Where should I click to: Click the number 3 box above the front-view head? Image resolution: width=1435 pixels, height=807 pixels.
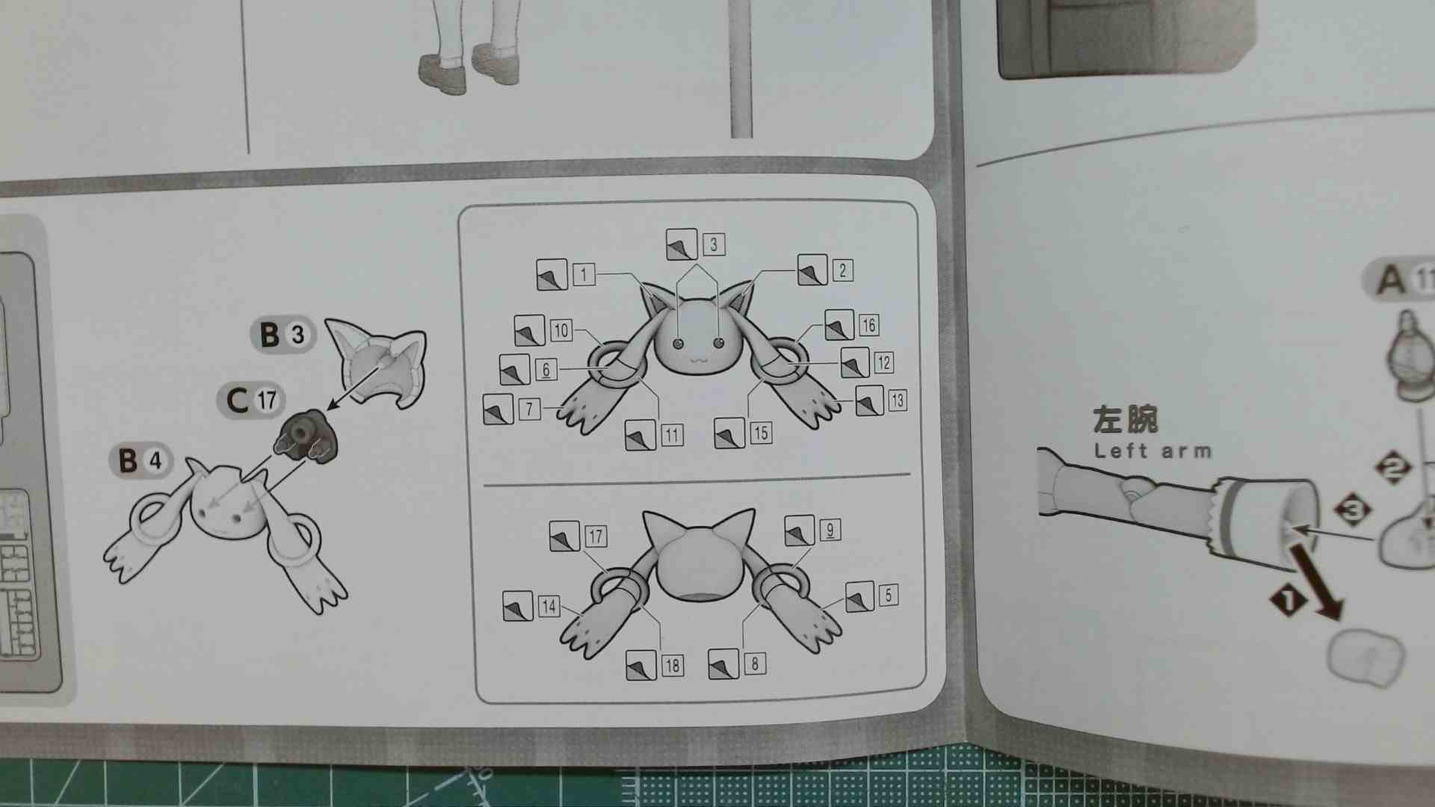click(713, 244)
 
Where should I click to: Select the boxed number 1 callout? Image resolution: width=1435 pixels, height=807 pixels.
click(584, 274)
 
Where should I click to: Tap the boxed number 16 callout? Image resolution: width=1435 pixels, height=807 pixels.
click(868, 325)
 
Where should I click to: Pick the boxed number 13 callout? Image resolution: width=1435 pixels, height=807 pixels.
click(897, 401)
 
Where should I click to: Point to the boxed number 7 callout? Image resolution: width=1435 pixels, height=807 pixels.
click(529, 409)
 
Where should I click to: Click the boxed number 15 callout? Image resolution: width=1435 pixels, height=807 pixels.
click(761, 433)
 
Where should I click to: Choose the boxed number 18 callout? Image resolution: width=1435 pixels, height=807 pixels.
click(672, 666)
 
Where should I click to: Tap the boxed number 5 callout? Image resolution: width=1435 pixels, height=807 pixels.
click(888, 596)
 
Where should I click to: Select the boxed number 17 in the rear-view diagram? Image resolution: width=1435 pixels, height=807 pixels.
click(596, 537)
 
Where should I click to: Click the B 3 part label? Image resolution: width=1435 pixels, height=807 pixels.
click(283, 334)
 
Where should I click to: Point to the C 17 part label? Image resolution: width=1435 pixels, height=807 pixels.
click(250, 401)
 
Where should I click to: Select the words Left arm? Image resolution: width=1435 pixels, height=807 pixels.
click(1152, 451)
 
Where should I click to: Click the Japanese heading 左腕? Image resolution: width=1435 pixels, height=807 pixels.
click(1125, 421)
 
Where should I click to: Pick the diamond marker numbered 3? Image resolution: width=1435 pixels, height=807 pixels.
click(1354, 511)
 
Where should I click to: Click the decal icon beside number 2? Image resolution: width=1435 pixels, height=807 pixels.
click(812, 270)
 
